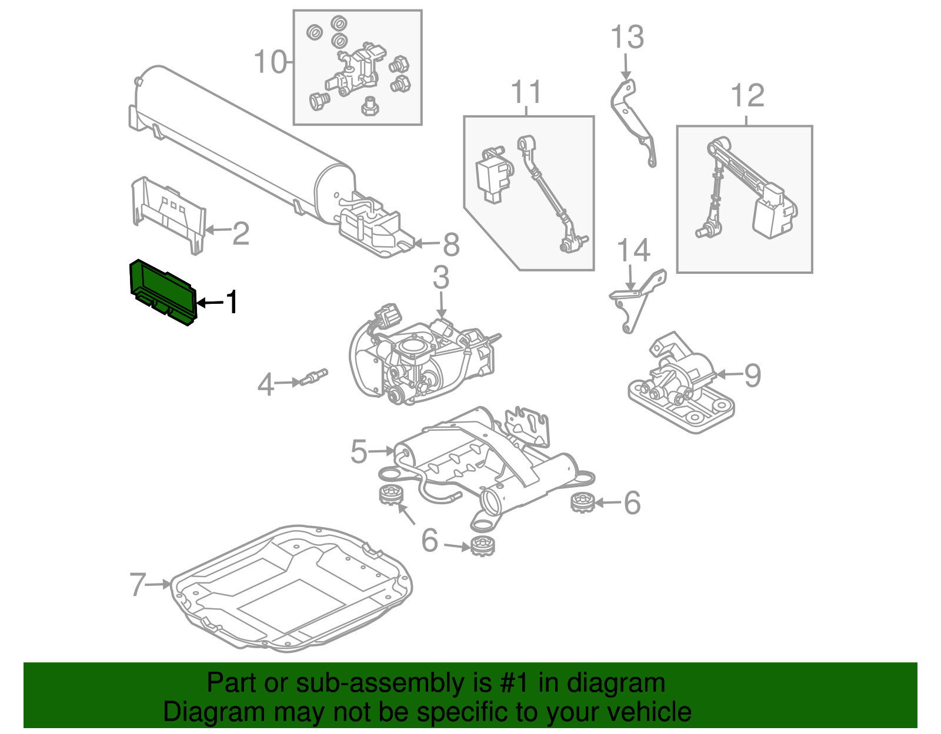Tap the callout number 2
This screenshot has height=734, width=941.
click(x=241, y=233)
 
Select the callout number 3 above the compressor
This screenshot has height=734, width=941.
click(x=441, y=277)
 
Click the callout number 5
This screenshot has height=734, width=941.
click(x=359, y=451)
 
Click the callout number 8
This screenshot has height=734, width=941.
click(x=451, y=244)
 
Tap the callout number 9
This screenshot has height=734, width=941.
click(x=752, y=375)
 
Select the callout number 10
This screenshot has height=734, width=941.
click(x=270, y=62)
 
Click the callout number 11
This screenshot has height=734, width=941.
click(x=526, y=92)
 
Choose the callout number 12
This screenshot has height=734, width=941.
click(x=747, y=96)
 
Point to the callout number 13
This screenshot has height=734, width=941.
click(x=627, y=37)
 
